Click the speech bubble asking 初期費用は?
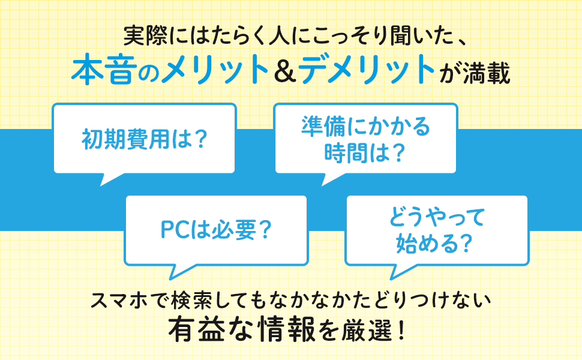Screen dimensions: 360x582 tap(143, 139)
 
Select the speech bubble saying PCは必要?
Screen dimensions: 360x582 tap(215, 229)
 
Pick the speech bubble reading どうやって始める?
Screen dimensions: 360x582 tap(436, 230)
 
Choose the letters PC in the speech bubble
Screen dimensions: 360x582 tap(174, 229)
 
